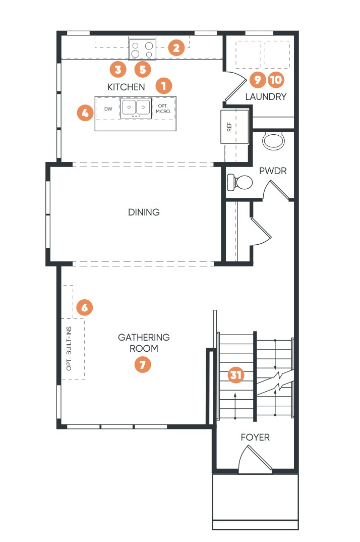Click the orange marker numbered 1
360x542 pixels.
164,86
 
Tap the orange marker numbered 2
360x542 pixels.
176,48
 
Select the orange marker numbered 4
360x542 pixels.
85,113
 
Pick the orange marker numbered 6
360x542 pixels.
84,307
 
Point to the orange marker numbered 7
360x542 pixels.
143,364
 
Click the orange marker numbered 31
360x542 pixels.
236,375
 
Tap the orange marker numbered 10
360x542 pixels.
276,80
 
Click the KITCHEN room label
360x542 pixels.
126,87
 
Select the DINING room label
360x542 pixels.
144,212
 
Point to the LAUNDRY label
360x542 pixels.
266,97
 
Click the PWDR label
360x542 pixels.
273,171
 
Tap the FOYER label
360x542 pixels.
255,437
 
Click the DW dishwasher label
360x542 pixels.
108,109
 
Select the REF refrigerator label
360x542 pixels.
229,127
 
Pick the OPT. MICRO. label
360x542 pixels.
163,109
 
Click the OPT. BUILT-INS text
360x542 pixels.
69,348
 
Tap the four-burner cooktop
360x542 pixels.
142,49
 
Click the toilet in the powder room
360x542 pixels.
240,182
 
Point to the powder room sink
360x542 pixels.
273,142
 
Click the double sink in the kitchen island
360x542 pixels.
136,108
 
